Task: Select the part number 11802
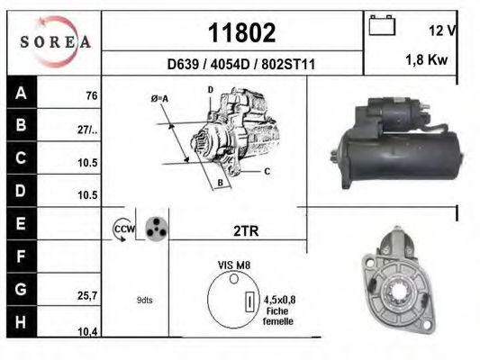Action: (241, 33)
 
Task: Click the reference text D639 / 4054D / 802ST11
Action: (240, 64)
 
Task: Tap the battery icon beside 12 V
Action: (382, 28)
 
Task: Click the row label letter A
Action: (20, 94)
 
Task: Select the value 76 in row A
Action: (90, 95)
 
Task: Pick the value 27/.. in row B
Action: (87, 129)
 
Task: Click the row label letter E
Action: (20, 221)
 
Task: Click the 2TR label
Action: (245, 231)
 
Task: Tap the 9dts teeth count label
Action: (143, 301)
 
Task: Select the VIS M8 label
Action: (234, 265)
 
